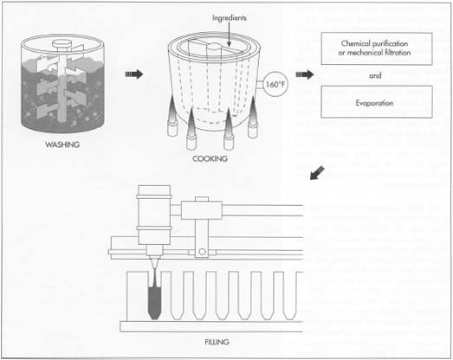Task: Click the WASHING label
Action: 61,143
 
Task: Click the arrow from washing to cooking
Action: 133,74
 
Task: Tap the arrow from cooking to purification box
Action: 304,74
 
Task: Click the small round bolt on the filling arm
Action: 201,253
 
